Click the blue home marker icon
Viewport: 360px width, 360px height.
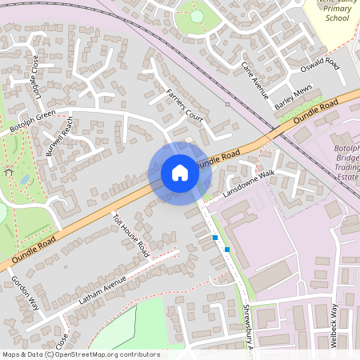click(x=180, y=173)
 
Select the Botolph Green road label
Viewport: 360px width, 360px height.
click(x=31, y=120)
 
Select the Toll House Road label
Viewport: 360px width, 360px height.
click(x=131, y=234)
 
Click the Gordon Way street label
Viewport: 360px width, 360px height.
click(x=25, y=294)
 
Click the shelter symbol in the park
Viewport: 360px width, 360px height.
click(x=9, y=171)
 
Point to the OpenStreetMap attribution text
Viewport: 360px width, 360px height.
click(x=81, y=354)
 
